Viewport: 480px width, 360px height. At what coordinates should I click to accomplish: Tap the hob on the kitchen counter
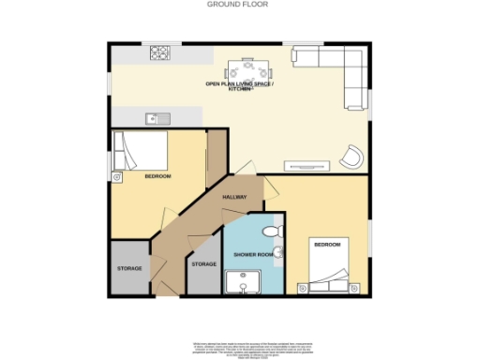[156, 52]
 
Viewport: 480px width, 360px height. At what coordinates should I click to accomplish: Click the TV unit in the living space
[307, 166]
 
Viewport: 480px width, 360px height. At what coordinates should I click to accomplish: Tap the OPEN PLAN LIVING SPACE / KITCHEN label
[247, 87]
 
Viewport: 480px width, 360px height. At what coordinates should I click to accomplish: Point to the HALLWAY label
[233, 198]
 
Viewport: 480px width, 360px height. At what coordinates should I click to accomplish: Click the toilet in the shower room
[272, 231]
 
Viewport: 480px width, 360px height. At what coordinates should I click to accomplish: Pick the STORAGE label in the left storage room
[129, 269]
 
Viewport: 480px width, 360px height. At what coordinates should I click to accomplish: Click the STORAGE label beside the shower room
[203, 264]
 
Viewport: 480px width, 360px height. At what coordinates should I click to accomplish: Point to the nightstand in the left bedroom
[116, 174]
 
